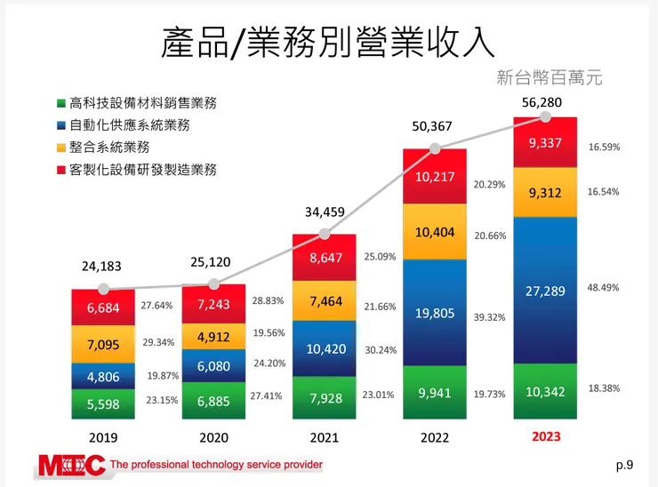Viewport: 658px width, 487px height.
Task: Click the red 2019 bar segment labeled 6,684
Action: (104, 307)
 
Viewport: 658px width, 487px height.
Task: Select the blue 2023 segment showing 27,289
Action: (545, 291)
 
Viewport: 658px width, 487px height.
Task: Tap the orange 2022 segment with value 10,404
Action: (435, 231)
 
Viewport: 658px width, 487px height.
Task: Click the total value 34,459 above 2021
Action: (324, 212)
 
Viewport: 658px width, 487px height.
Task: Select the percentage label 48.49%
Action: (604, 288)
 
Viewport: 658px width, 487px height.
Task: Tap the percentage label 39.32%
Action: (490, 317)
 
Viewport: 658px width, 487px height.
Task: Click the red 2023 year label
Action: (546, 437)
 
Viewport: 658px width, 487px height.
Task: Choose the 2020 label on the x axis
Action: (213, 438)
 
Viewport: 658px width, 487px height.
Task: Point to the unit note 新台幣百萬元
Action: (550, 78)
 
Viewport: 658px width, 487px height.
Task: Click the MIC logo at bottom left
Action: (71, 465)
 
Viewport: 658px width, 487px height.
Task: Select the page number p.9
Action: (624, 464)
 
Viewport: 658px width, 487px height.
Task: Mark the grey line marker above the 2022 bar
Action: (435, 148)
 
